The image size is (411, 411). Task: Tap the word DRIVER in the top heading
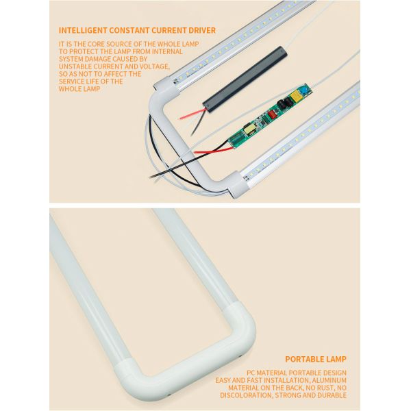coord(202,30)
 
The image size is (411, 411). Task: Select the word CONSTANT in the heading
coord(129,30)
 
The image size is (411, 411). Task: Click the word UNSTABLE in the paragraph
coord(75,66)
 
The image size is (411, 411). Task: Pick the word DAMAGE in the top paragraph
coord(98,59)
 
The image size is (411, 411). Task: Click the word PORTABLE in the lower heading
coord(301,359)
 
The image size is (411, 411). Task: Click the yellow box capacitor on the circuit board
coord(296,97)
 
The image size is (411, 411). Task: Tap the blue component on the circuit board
coord(305,89)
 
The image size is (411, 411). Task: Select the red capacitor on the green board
coord(271,115)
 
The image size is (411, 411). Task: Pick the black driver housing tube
coord(245,79)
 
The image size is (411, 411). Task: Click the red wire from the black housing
coord(192,114)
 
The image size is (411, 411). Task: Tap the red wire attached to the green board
coord(212,151)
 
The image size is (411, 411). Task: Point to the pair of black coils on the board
coord(284,103)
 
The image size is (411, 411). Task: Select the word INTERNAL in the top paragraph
coord(167,51)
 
